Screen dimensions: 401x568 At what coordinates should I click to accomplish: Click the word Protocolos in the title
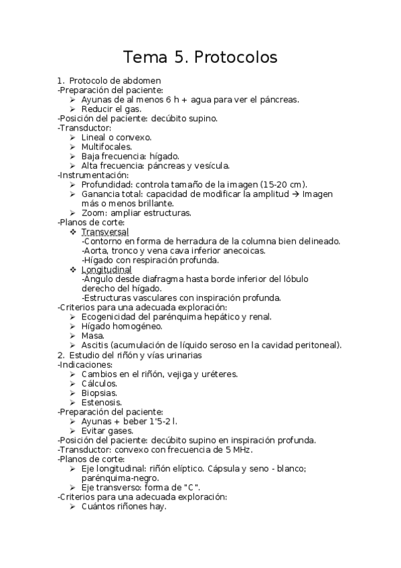(235, 58)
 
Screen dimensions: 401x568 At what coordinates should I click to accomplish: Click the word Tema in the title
(145, 58)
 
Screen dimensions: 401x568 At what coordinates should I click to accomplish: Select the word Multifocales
(107, 146)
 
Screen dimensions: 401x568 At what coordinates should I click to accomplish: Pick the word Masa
(92, 336)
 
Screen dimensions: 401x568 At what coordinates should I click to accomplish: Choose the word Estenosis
(102, 403)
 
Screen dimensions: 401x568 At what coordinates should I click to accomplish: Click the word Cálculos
(100, 383)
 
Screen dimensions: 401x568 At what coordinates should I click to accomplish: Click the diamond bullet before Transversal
(73, 231)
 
